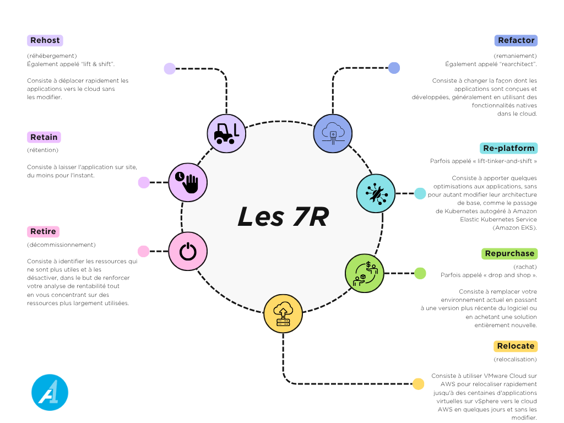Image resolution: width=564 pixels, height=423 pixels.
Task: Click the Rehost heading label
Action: point(45,40)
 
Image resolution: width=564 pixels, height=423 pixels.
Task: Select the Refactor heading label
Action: point(516,40)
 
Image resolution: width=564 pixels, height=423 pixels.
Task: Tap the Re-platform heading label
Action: point(508,148)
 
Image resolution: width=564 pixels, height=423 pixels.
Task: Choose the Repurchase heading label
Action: point(509,253)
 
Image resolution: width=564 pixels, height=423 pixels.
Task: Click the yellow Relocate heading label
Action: point(515,346)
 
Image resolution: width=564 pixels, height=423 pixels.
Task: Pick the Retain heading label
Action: point(44,137)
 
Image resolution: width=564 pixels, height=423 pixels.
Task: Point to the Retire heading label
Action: point(43,231)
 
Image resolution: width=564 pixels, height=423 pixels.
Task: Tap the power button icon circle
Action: point(188,251)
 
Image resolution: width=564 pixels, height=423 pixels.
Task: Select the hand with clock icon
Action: point(187,182)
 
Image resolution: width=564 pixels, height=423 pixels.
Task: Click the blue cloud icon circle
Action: point(333,133)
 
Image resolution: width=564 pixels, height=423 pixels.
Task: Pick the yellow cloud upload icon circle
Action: point(283,313)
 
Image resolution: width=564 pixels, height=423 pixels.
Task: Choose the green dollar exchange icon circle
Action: point(365,273)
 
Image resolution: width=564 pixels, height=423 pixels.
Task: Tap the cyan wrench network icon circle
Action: point(376,193)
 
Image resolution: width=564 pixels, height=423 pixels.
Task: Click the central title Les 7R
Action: point(283,216)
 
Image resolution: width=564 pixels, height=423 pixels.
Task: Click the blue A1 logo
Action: point(50,393)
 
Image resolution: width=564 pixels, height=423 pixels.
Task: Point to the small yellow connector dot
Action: point(418,384)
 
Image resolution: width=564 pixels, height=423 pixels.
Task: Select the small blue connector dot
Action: point(394,68)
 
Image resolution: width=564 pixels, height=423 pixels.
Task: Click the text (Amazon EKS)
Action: point(514,227)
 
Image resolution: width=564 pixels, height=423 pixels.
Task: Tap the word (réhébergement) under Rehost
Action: point(52,56)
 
